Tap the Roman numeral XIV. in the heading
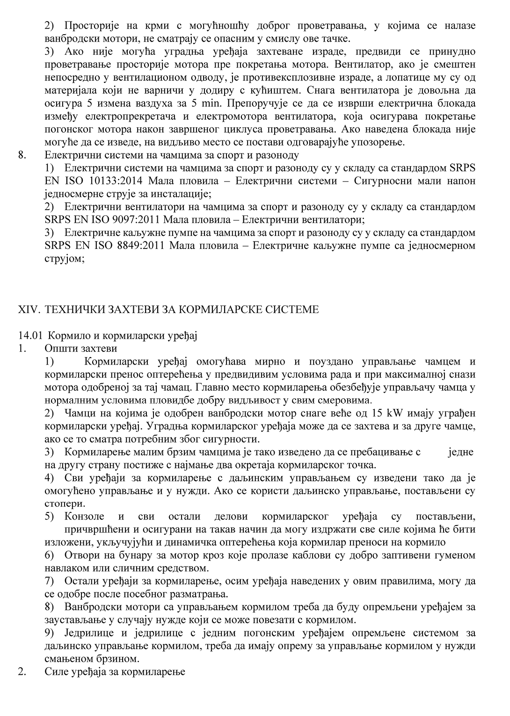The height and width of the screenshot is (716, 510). [29, 309]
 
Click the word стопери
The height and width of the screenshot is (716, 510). [65, 504]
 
